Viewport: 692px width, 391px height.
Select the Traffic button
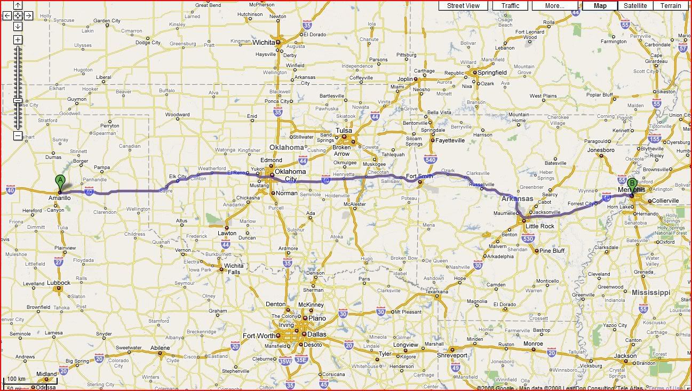click(x=510, y=6)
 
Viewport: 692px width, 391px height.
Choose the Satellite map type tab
click(x=635, y=6)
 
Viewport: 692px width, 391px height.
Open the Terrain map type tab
click(x=671, y=6)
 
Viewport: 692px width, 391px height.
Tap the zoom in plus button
click(x=18, y=40)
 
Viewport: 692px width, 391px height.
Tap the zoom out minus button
click(x=18, y=136)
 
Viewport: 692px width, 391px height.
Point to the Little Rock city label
click(x=540, y=226)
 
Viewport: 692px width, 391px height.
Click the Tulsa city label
click(x=344, y=131)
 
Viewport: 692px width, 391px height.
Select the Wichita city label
click(x=264, y=42)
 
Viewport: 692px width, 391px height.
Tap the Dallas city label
click(x=317, y=334)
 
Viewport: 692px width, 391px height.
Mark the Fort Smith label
click(x=419, y=175)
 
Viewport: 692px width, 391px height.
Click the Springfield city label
click(x=492, y=73)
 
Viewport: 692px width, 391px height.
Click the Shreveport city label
click(x=452, y=355)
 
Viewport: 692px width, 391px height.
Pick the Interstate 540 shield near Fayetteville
click(x=431, y=158)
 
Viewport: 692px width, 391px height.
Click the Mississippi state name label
click(x=651, y=292)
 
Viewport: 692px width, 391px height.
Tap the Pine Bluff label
click(x=552, y=251)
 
